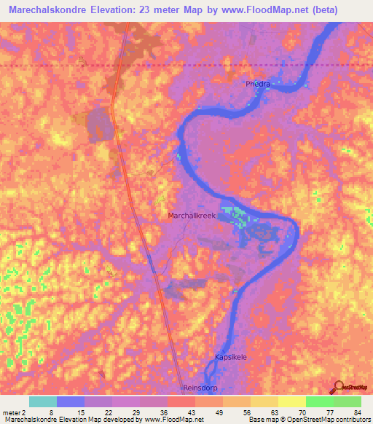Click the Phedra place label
(257, 85)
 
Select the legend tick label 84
(356, 412)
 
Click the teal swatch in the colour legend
(43, 401)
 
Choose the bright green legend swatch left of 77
(319, 401)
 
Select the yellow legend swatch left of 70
(291, 401)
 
